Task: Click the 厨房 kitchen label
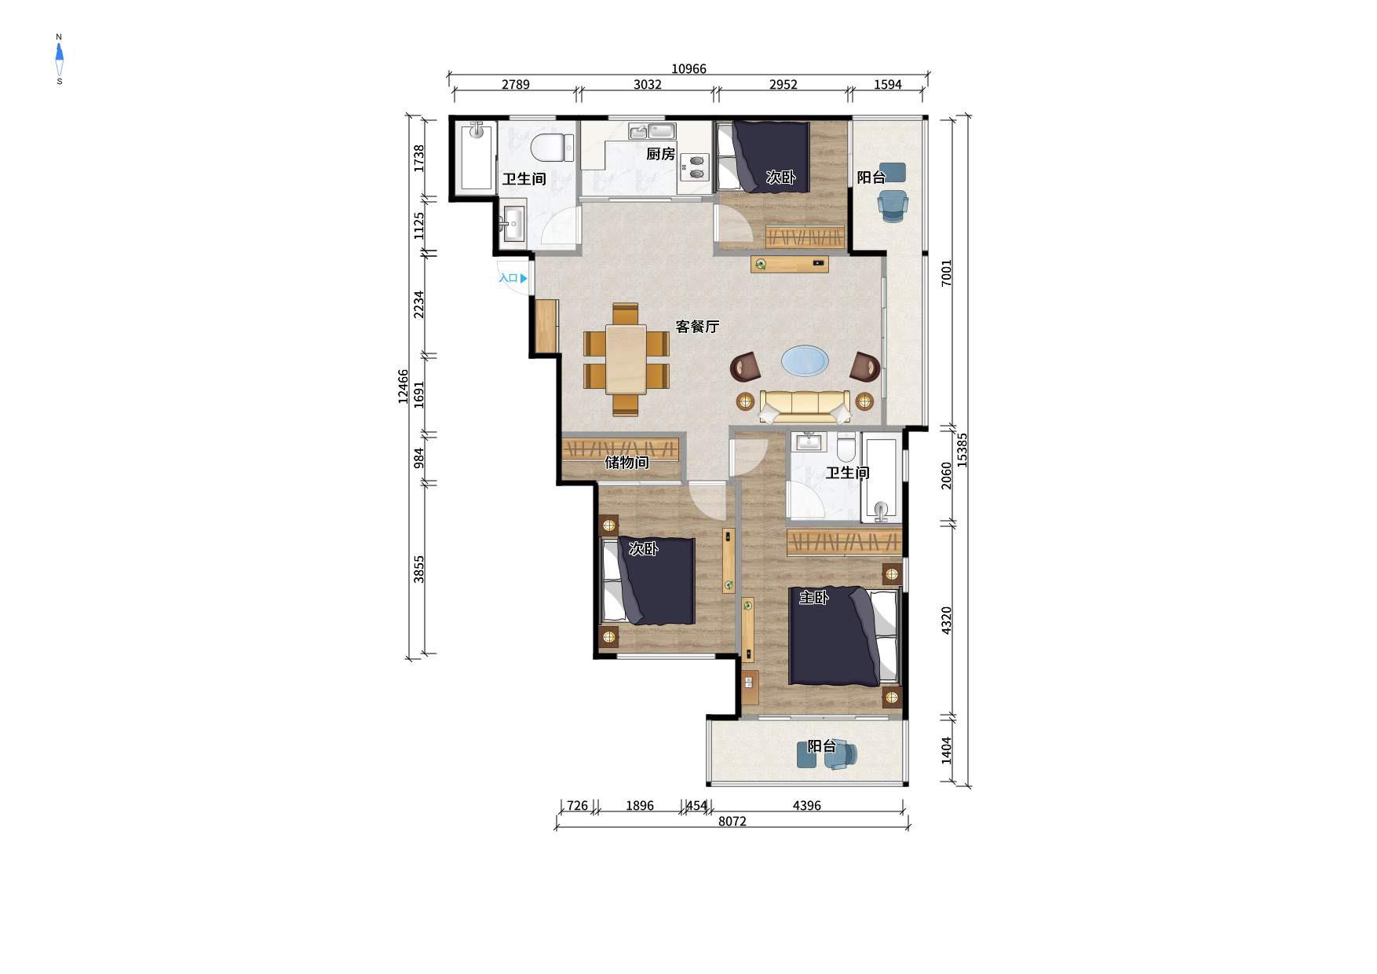(x=660, y=154)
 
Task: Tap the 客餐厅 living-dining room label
(x=697, y=326)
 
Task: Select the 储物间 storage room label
(x=626, y=463)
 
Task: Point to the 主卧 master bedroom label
(x=813, y=598)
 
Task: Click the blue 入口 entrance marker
(x=513, y=278)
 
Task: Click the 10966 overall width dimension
(x=688, y=69)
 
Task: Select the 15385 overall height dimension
(x=962, y=451)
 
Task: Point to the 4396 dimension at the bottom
(x=806, y=805)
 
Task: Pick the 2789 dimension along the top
(x=516, y=85)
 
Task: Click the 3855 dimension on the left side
(x=419, y=569)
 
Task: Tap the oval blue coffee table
(x=805, y=361)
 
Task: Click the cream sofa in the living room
(x=805, y=406)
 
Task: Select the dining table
(x=626, y=359)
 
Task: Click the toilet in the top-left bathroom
(x=551, y=147)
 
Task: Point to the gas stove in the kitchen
(x=696, y=167)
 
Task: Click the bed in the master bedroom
(x=844, y=637)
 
